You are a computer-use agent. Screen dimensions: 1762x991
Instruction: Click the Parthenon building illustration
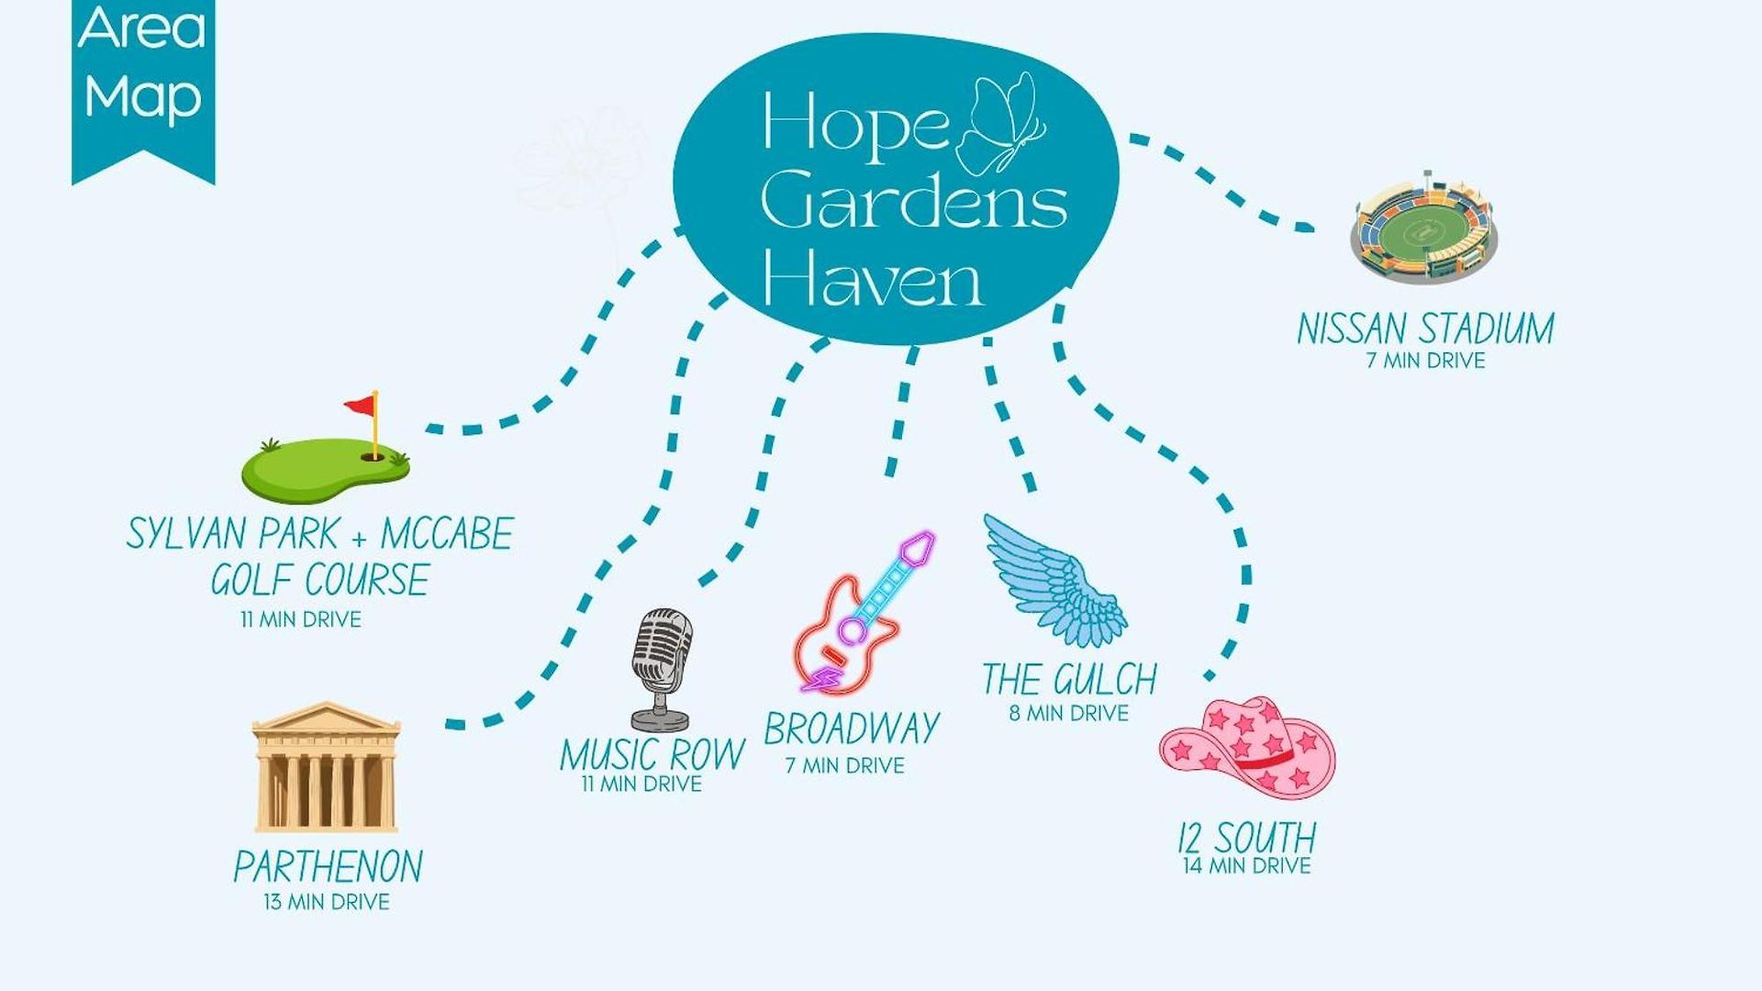326,767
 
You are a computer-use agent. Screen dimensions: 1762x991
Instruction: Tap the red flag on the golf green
361,404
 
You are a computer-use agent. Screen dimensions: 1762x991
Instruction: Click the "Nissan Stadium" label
1425,328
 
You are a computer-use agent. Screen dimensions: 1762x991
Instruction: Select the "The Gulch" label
1069,679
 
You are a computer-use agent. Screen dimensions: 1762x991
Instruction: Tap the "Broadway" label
852,729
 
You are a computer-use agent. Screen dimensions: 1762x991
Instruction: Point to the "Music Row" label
652,754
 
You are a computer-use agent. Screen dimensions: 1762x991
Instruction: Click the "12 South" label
1247,838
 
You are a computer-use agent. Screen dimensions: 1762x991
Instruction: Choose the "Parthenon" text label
328,867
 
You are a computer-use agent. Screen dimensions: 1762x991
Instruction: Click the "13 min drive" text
327,902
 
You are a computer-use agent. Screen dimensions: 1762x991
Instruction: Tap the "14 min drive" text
1247,865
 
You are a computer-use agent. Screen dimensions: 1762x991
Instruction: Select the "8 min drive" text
1069,713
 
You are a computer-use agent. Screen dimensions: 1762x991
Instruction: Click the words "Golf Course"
320,580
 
